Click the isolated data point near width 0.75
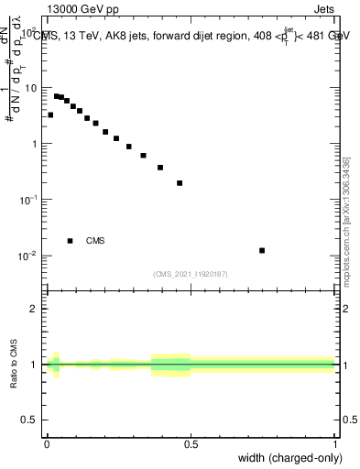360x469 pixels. click(x=262, y=250)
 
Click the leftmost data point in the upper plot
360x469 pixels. click(x=50, y=115)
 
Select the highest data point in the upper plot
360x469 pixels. click(x=56, y=95)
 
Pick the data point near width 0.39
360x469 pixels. click(x=160, y=168)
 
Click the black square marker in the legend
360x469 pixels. click(x=70, y=241)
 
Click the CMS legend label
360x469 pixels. click(x=95, y=241)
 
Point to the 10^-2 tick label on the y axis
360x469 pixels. click(x=29, y=256)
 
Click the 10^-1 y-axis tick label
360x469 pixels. click(x=29, y=200)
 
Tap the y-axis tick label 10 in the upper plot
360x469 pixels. click(x=31, y=88)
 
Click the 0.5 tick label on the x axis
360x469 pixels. click(x=191, y=444)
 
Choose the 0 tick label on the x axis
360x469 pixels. click(x=47, y=444)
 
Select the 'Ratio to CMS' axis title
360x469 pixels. click(x=14, y=365)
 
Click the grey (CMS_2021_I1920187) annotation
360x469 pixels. click(x=191, y=273)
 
